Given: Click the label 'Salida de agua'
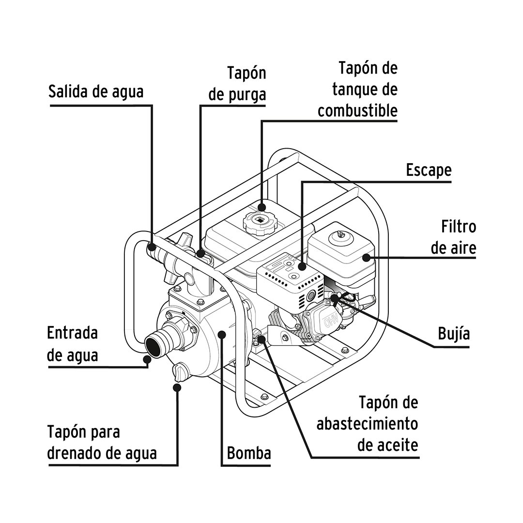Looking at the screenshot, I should coord(96,92).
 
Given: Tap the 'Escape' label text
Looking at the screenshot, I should coord(429,170).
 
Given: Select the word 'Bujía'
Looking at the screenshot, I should coord(454,334).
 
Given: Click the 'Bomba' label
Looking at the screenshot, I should coord(249,454).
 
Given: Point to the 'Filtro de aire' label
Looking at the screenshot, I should coord(453,237).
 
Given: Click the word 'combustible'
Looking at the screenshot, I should coord(357,110).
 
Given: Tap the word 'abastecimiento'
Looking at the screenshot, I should coord(367,424).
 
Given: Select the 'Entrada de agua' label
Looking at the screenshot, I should coord(73,344).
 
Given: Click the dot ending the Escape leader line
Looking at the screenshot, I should coord(302,266).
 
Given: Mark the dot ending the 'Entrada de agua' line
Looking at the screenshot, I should coord(147,359).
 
